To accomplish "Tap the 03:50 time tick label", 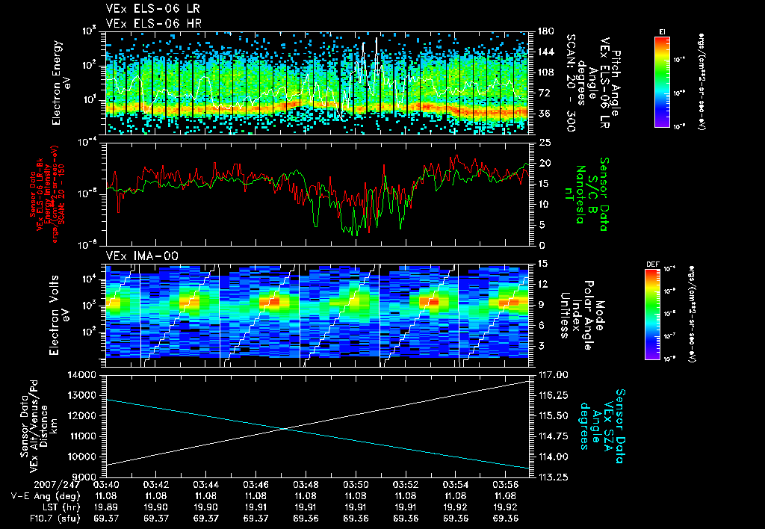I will [x=356, y=484].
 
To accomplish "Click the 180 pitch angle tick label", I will [x=544, y=31].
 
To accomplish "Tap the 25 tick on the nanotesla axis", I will [x=543, y=141].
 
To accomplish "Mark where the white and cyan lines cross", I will [x=286, y=428].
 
